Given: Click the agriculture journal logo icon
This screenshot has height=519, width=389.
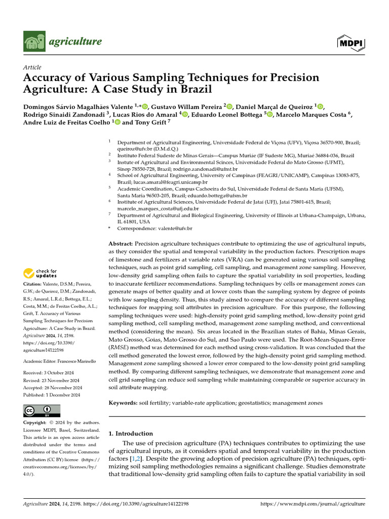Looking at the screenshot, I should (x=34, y=41).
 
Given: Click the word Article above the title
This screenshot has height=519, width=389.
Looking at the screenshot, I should (x=32, y=67).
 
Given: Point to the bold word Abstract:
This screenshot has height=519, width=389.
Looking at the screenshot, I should (x=121, y=244).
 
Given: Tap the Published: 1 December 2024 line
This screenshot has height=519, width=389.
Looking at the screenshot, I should (x=52, y=395).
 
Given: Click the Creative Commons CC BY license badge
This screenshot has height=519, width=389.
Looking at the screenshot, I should (x=42, y=411).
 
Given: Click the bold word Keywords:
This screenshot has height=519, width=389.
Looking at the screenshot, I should (x=123, y=402).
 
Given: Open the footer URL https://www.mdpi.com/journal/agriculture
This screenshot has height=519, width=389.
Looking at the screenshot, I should (x=312, y=504).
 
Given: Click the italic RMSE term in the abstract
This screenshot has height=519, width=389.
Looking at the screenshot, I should (x=118, y=348).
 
